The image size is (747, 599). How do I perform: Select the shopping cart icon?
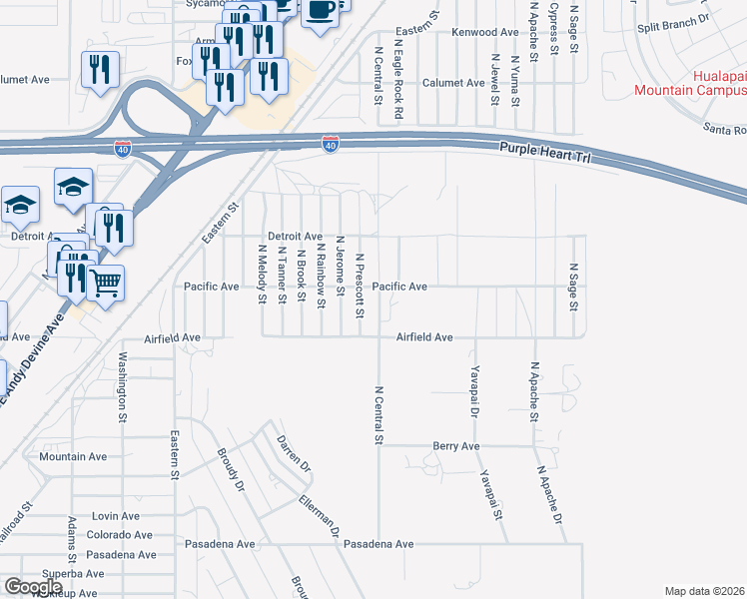tap(105, 282)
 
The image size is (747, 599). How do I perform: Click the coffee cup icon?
tap(320, 11)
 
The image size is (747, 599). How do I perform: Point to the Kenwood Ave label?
tap(485, 33)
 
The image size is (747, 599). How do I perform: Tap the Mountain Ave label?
tap(73, 457)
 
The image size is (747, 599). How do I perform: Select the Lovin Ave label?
tap(116, 516)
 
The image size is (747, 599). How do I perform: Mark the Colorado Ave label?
tap(119, 535)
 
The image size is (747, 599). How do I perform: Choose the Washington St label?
tap(124, 382)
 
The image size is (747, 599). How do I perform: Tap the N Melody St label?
tap(262, 274)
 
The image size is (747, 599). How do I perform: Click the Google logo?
tap(34, 587)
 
